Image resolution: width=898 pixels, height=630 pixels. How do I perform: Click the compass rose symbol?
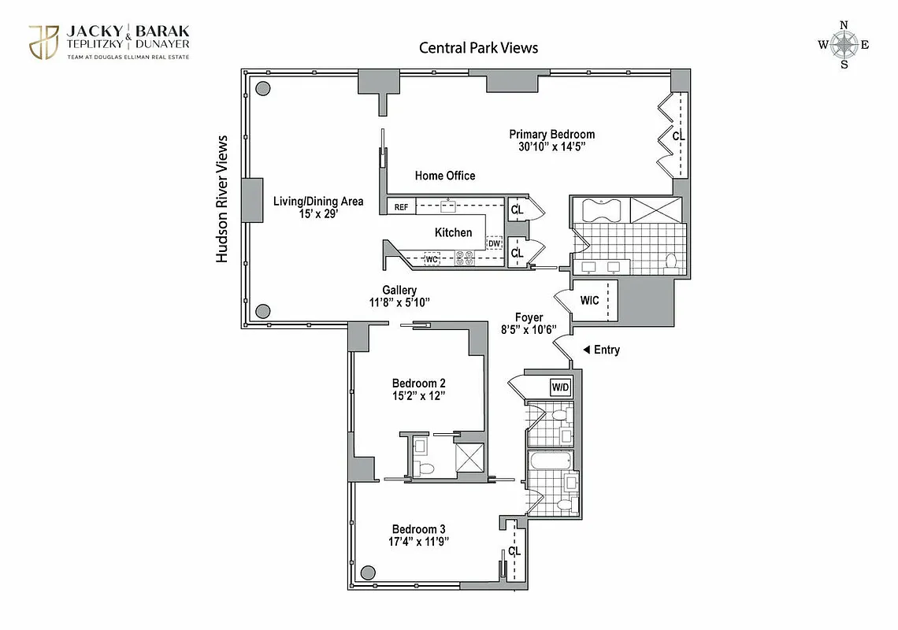(844, 44)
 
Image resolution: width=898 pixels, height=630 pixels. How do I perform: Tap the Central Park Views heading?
(478, 48)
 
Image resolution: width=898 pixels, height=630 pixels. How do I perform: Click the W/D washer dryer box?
(560, 387)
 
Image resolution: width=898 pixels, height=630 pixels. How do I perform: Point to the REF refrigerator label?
(401, 207)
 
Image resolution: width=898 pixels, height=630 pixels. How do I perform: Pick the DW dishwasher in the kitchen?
(494, 243)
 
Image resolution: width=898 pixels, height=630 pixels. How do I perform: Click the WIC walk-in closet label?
(590, 301)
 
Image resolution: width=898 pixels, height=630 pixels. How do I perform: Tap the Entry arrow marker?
(586, 350)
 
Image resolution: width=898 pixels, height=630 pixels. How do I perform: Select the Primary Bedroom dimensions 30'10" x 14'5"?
(551, 146)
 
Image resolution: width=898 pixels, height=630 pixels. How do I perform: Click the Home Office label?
(445, 176)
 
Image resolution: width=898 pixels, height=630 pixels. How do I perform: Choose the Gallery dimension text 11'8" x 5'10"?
(399, 302)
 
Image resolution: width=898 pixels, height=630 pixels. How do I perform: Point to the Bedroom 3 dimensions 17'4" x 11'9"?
(418, 542)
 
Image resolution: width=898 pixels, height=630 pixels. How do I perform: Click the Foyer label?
(529, 317)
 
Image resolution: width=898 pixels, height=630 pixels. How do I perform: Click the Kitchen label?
(453, 232)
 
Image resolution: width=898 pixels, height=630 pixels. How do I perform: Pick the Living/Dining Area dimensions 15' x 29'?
(317, 214)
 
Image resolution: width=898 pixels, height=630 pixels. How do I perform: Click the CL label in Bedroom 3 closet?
(514, 551)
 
